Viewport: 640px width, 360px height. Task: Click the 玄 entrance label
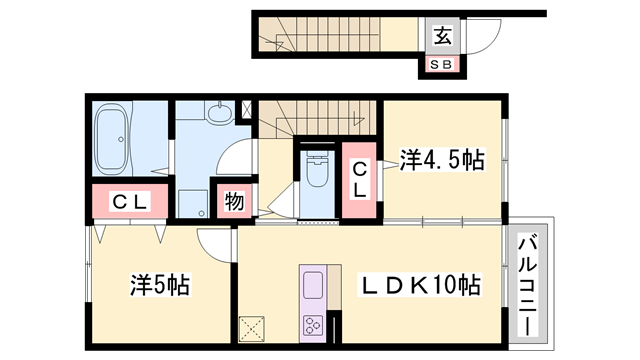point(441,37)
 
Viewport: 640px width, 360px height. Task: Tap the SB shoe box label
point(441,65)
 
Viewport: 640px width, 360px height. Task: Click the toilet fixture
point(317,169)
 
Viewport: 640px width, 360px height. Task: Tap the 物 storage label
point(233,201)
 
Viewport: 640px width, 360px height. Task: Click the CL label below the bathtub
point(130,202)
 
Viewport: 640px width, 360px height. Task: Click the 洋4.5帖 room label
point(443,159)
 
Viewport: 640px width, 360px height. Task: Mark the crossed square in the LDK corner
point(250,327)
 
